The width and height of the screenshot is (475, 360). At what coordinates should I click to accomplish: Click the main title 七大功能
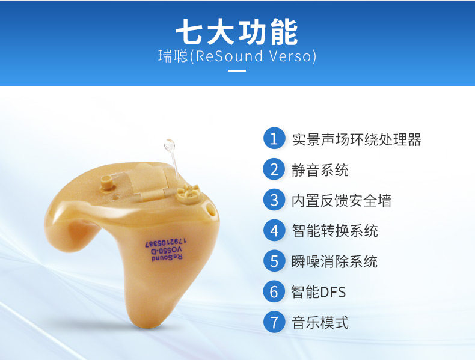click(237, 32)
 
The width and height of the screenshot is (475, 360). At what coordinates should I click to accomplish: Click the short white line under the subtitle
click(237, 70)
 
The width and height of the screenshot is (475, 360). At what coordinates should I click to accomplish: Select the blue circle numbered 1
click(274, 138)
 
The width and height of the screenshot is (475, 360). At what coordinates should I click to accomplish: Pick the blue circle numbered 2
click(274, 169)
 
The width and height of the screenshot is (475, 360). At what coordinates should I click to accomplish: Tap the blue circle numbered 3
click(274, 200)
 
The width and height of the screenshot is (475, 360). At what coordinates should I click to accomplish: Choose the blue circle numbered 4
click(274, 230)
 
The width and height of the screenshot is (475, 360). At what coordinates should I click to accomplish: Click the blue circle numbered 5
click(274, 261)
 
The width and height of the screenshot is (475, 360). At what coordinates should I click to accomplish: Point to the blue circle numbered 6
click(274, 291)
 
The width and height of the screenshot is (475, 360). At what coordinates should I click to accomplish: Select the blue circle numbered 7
click(274, 322)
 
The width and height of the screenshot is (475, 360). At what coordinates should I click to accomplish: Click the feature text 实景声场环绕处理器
click(357, 139)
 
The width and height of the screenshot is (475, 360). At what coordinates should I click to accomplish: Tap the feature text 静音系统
click(320, 170)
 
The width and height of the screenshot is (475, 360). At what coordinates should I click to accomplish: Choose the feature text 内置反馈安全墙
click(342, 201)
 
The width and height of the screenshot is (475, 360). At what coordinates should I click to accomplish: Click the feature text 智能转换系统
click(335, 231)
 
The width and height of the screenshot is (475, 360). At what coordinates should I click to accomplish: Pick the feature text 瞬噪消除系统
click(335, 262)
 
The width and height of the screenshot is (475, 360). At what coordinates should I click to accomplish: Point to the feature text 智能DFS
click(319, 293)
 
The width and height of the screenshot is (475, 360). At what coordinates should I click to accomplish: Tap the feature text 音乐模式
click(320, 323)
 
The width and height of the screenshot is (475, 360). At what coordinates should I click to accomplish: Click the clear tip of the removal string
click(169, 145)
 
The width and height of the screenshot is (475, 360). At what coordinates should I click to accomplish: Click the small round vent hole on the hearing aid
click(210, 210)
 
